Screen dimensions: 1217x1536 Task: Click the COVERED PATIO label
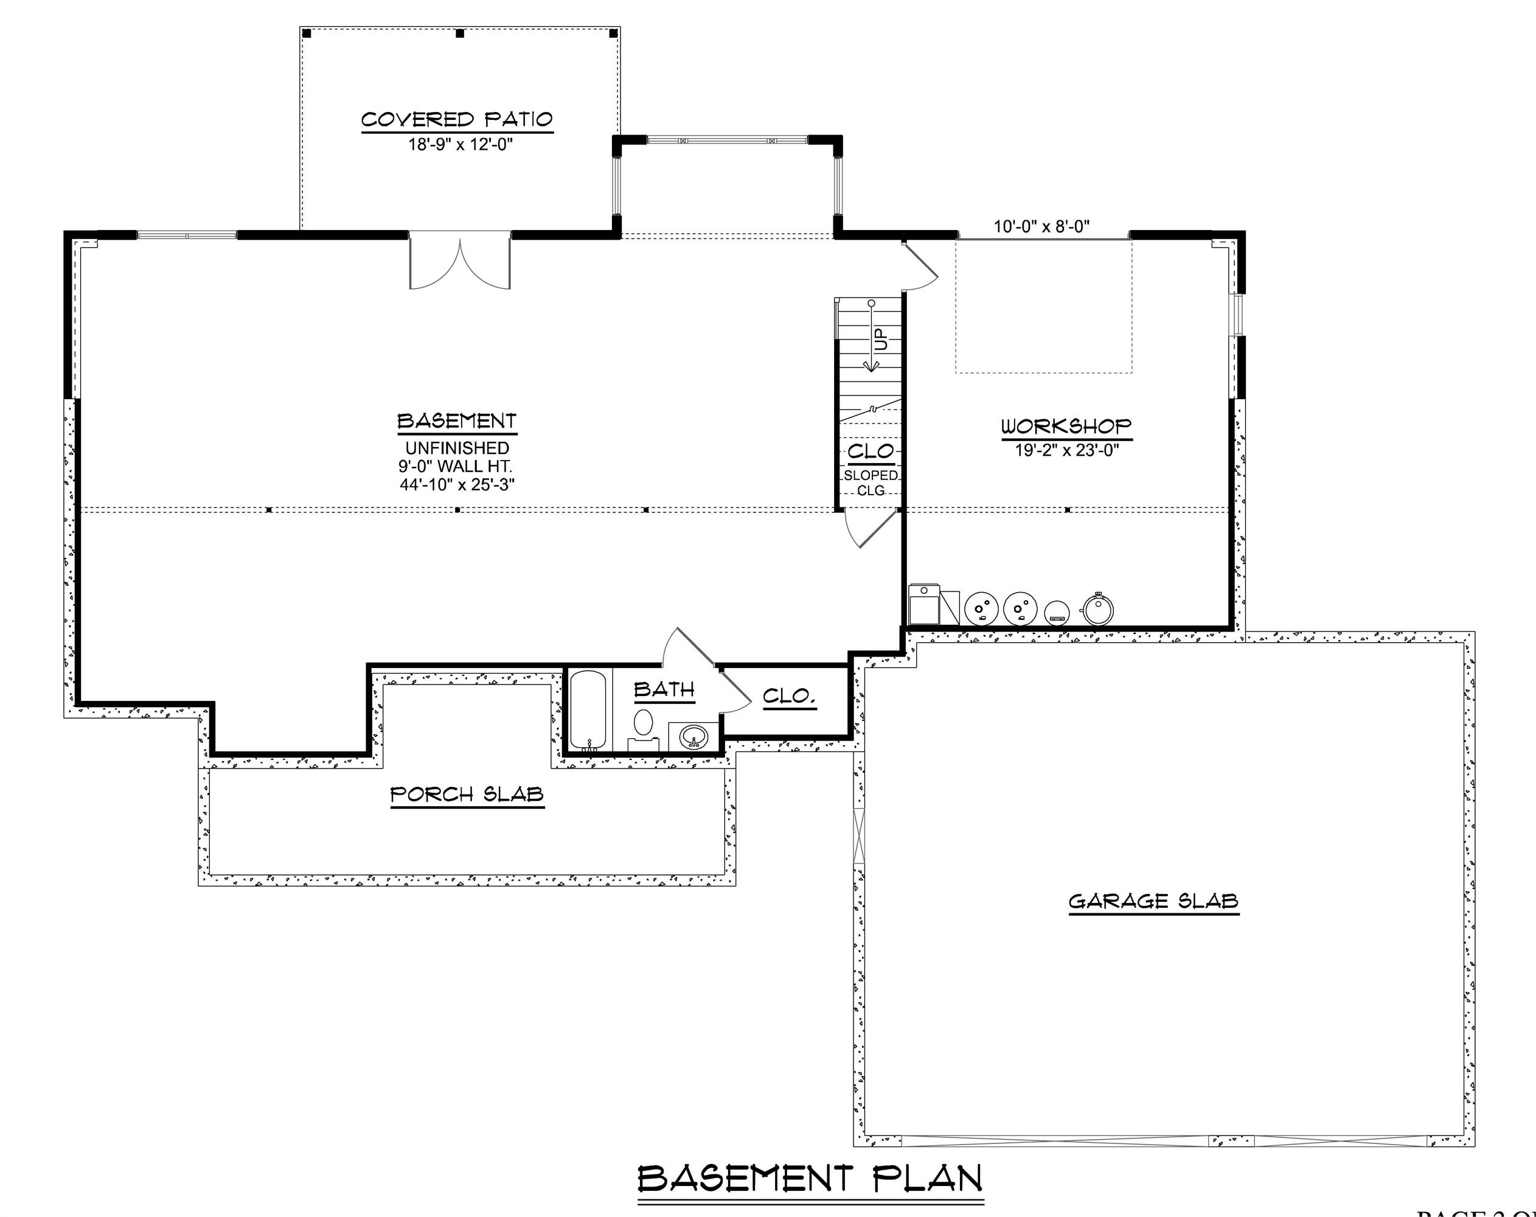click(x=457, y=119)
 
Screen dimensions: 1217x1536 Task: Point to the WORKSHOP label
click(x=1066, y=426)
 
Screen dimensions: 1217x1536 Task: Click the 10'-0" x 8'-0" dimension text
click(x=1041, y=226)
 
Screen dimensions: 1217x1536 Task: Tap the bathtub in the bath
click(x=588, y=710)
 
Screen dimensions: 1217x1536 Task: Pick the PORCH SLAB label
click(x=467, y=795)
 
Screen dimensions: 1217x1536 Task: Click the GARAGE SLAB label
click(x=1153, y=901)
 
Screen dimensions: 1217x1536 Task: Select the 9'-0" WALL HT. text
click(x=455, y=467)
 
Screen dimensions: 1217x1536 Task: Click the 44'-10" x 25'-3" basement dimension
click(x=457, y=485)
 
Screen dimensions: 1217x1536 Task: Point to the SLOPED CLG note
click(x=871, y=483)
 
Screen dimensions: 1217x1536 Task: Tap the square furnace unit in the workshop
click(x=924, y=605)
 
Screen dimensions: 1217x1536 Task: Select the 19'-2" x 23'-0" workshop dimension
click(x=1066, y=450)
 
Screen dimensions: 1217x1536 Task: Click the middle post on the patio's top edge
click(x=459, y=33)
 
